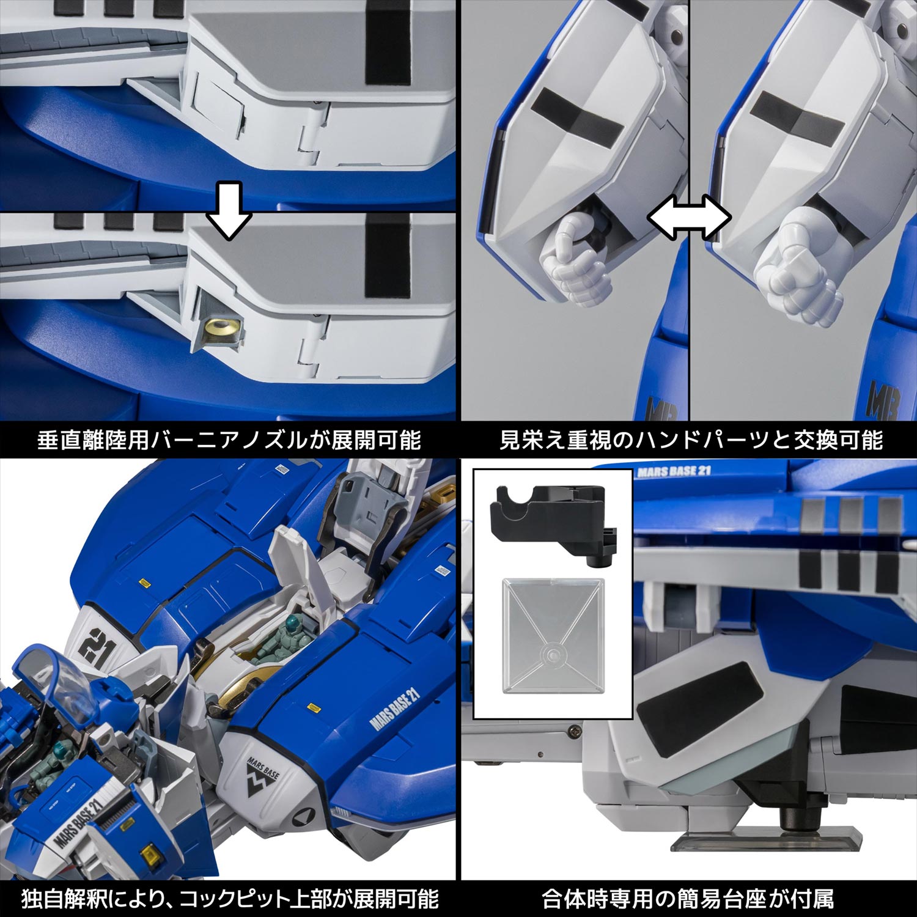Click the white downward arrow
click(228, 211)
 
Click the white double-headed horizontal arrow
click(689, 217)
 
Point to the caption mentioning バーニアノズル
click(229, 440)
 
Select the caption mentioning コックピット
click(230, 899)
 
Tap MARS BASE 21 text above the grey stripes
click(673, 472)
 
